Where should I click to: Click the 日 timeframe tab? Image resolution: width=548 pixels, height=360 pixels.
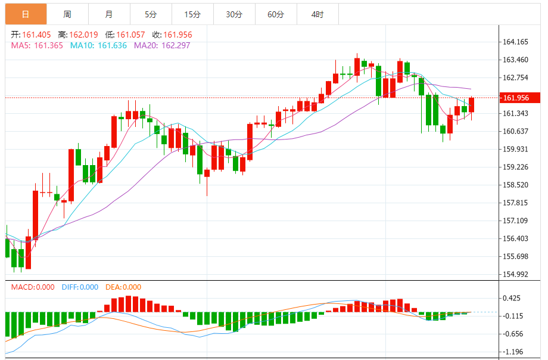click(x=26, y=14)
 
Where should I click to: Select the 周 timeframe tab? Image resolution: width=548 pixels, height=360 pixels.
click(x=67, y=14)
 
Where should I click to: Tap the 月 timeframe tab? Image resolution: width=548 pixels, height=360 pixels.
click(x=108, y=14)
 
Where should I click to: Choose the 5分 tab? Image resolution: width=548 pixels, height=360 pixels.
click(x=151, y=14)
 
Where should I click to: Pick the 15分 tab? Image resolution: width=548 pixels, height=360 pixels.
click(x=192, y=14)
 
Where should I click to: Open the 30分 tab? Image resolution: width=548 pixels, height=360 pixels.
click(x=234, y=14)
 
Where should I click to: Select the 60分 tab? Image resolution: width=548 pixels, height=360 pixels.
click(x=276, y=14)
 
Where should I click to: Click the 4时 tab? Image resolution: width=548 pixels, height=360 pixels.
click(x=317, y=14)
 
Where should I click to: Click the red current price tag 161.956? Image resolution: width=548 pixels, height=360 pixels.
click(x=518, y=98)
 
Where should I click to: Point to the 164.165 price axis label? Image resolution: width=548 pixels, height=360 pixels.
click(x=516, y=42)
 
